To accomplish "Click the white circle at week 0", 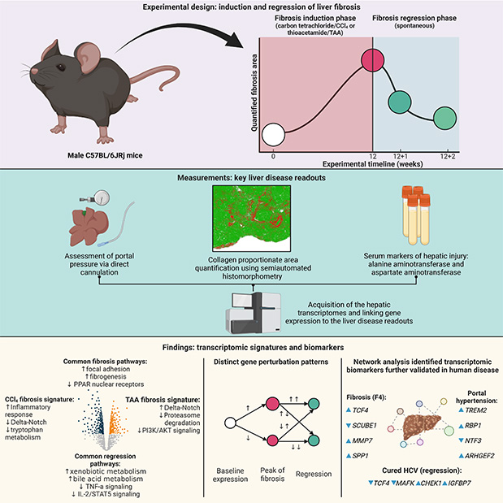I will click(x=273, y=133).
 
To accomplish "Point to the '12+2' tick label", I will click(x=445, y=154).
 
